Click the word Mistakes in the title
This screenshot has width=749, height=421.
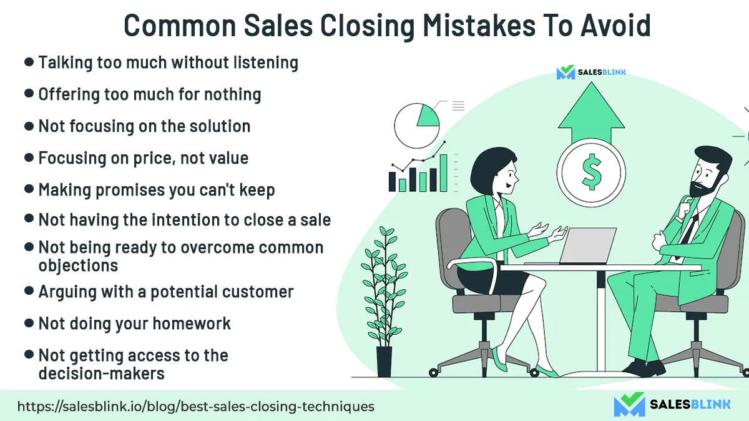click(x=479, y=26)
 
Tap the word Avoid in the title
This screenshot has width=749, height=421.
click(x=615, y=26)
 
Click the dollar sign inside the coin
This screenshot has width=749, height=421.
click(x=592, y=172)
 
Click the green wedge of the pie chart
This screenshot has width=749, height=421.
click(x=429, y=116)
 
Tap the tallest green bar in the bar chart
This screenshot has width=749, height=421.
click(x=443, y=173)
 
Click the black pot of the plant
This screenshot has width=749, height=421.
click(x=384, y=362)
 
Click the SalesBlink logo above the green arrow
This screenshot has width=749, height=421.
click(x=591, y=72)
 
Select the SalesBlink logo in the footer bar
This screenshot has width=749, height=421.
click(x=672, y=404)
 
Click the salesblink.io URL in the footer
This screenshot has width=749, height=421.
click(x=195, y=407)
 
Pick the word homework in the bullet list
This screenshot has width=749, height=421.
click(x=192, y=324)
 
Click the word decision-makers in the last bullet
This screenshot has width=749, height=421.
click(x=101, y=374)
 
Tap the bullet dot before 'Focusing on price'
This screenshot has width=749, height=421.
click(x=29, y=157)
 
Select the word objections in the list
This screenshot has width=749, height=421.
click(x=78, y=265)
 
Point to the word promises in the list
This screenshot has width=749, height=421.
click(x=130, y=190)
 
